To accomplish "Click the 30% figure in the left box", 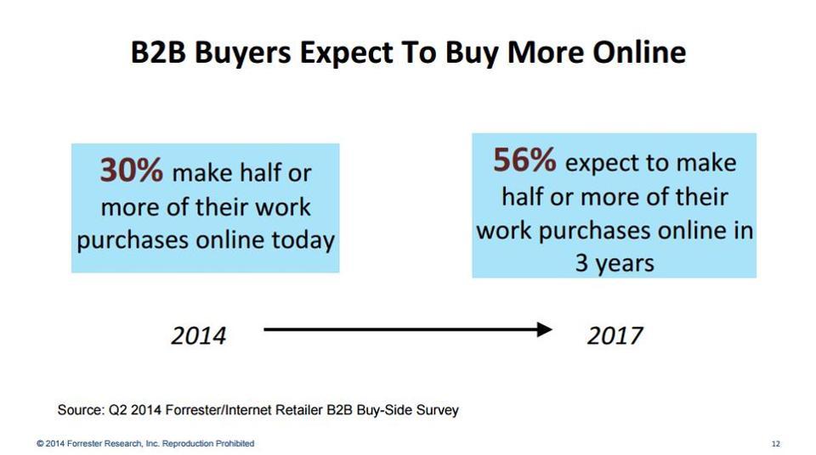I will [x=132, y=171].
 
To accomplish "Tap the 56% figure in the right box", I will [x=524, y=160].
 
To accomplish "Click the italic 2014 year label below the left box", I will [x=199, y=335].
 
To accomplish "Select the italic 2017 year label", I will [x=615, y=335].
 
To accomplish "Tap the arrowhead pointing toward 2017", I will [x=544, y=329].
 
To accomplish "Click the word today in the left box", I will [x=302, y=240].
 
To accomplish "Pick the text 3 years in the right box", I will [x=615, y=263].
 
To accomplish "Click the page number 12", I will [x=775, y=444].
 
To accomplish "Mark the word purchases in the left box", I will [x=131, y=240].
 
